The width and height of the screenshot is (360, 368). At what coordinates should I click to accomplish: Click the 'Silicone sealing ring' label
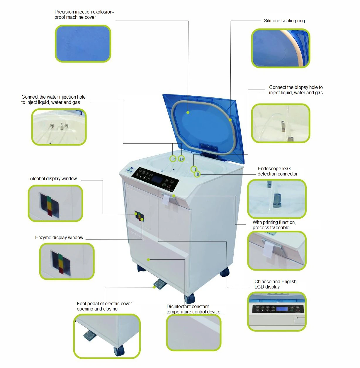(x=284, y=21)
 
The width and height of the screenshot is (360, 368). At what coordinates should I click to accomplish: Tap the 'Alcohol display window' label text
(x=53, y=179)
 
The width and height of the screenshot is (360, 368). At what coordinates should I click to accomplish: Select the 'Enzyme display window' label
(x=59, y=238)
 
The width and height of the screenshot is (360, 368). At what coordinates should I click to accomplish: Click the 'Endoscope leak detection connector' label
(x=277, y=171)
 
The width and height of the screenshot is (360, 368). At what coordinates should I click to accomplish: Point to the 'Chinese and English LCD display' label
(x=275, y=284)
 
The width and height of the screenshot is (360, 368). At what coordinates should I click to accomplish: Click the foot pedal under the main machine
(x=159, y=284)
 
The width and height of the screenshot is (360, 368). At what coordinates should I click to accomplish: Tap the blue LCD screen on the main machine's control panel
(x=156, y=179)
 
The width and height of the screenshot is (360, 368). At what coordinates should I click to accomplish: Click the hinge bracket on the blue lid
(x=209, y=148)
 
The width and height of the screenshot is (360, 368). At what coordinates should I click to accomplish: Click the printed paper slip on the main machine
(x=166, y=200)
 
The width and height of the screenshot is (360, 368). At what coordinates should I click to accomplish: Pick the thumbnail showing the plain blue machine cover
(x=83, y=44)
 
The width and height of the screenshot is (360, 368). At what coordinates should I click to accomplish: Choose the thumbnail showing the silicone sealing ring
(x=281, y=48)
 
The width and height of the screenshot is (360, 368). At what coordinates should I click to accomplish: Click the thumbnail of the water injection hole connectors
(x=59, y=127)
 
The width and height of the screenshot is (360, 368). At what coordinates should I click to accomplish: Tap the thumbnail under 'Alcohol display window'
(x=55, y=203)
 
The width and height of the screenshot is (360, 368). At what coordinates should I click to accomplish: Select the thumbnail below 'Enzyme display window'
(x=67, y=261)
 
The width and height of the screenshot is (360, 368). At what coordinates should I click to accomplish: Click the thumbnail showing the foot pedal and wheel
(x=107, y=336)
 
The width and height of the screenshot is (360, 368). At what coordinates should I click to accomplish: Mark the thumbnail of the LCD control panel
(x=277, y=312)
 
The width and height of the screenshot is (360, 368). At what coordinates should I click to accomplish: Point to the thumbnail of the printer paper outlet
(x=277, y=251)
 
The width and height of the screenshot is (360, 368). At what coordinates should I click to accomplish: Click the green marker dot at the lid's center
(x=188, y=112)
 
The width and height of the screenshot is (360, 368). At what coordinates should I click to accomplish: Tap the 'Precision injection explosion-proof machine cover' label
(x=84, y=15)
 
